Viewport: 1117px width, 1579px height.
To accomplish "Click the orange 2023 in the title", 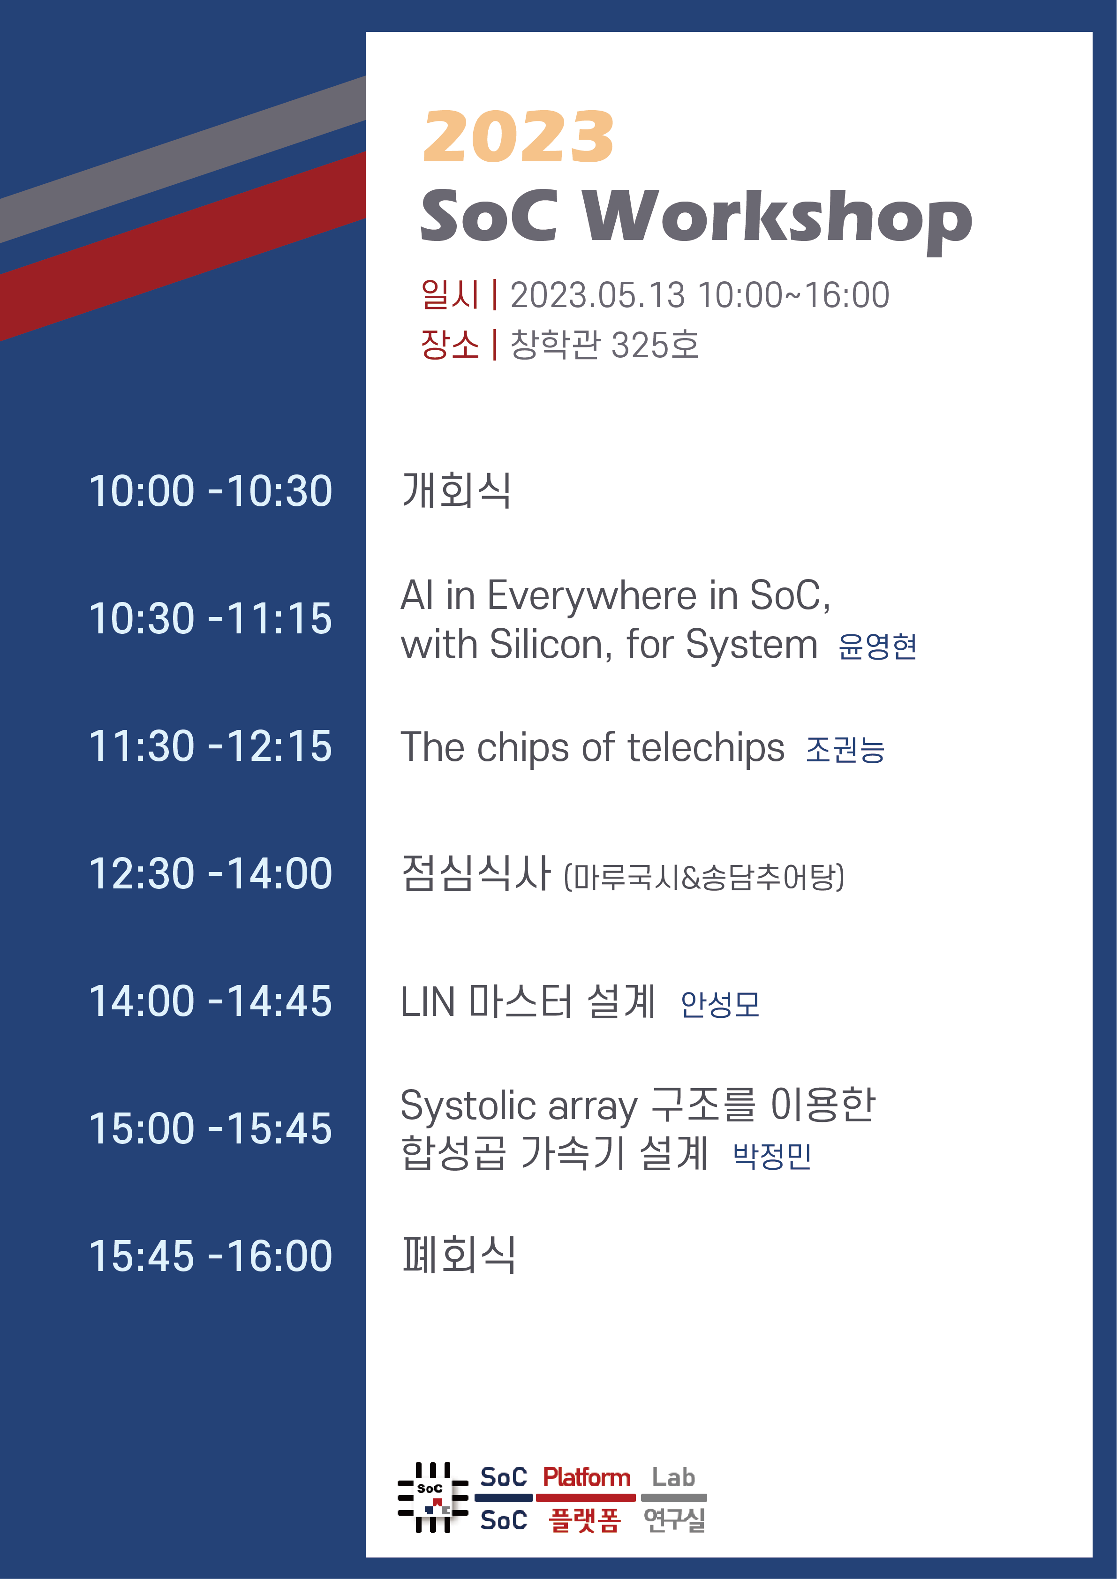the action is point(518,137).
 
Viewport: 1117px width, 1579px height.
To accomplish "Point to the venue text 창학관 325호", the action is point(604,345).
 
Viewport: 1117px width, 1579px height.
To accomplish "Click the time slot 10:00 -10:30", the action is point(211,491).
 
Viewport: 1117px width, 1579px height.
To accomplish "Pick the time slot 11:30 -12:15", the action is point(211,746).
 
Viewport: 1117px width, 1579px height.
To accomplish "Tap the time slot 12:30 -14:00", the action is point(211,873).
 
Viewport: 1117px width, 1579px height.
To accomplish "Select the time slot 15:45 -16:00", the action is point(211,1256).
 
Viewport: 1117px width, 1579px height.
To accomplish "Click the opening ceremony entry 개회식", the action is point(457,490).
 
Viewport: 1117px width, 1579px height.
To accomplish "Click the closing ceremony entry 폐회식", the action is point(459,1255).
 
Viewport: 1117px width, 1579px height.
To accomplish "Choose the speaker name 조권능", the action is point(845,750).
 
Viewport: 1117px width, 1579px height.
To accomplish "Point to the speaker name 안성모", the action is point(720,1004).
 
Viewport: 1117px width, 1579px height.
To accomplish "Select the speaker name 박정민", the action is point(772,1156).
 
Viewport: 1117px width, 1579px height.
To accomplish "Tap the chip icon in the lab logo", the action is point(433,1498).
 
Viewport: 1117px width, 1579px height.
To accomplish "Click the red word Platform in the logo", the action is point(587,1477).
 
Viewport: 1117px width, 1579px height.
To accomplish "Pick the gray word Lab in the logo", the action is point(673,1477).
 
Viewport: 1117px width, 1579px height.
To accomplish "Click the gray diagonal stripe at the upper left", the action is point(182,159).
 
